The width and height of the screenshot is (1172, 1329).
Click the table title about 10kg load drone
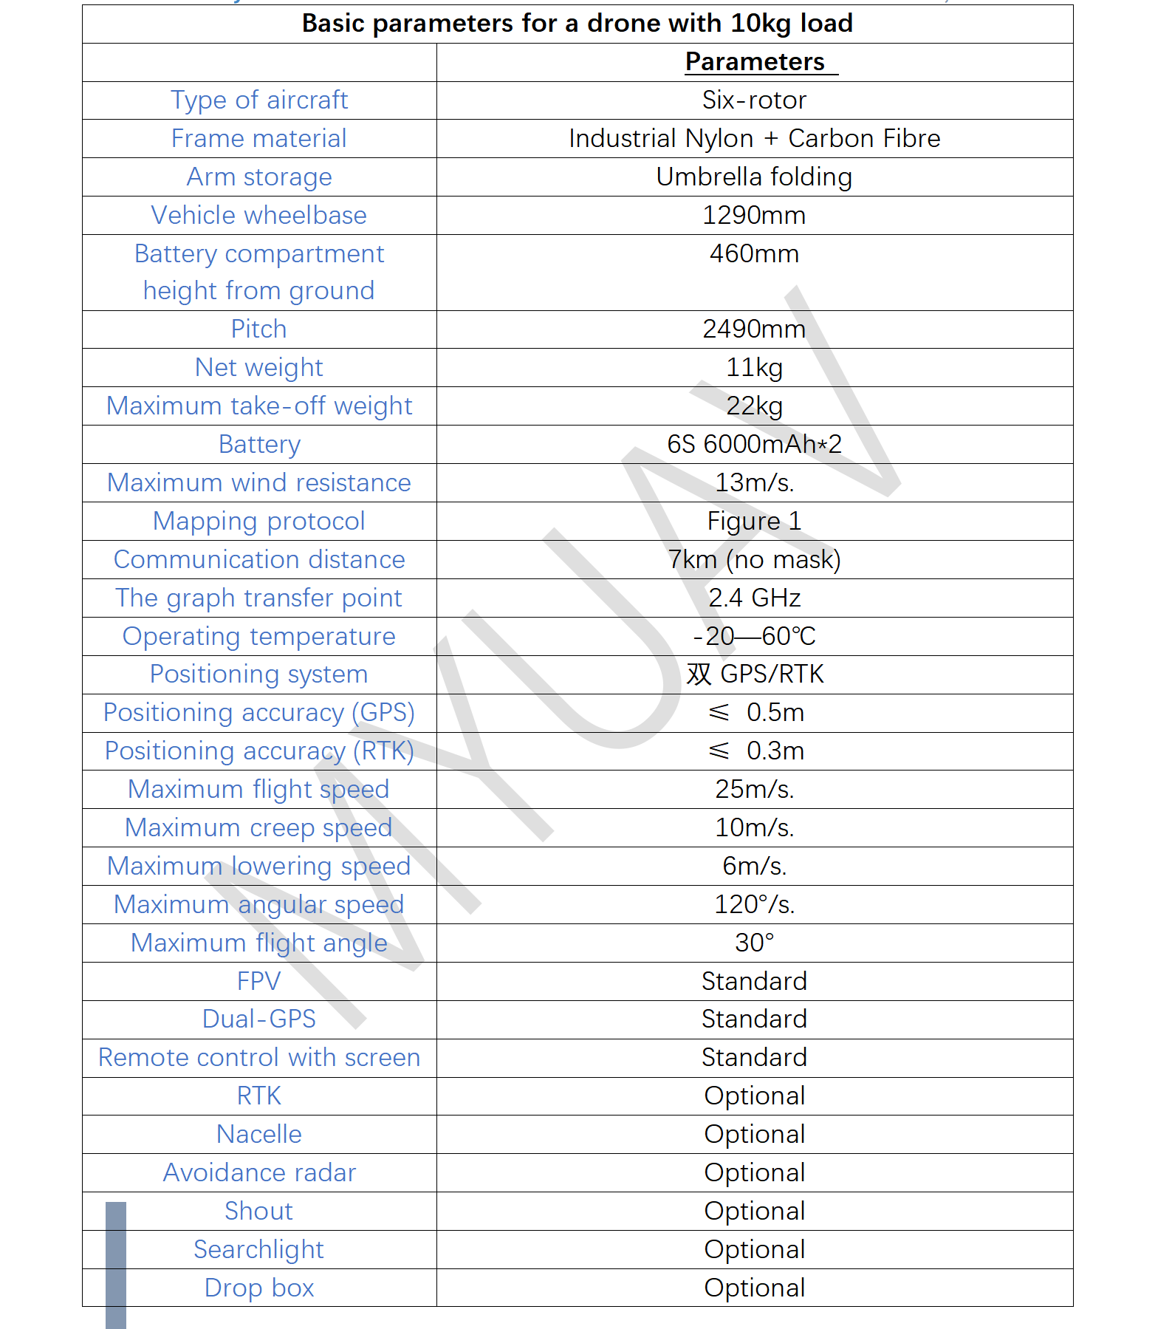point(577,24)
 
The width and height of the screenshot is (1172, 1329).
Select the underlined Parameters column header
point(754,62)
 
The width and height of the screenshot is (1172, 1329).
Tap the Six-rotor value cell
point(754,100)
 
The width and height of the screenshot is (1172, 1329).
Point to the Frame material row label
point(258,139)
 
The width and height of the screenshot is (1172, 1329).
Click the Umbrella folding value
point(754,177)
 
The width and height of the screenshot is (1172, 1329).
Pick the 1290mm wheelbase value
point(754,216)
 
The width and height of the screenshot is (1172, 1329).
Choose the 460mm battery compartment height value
point(754,254)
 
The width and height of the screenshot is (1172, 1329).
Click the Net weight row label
point(258,368)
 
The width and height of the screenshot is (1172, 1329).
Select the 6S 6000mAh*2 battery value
point(754,445)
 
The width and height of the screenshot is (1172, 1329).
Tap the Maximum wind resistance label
point(258,483)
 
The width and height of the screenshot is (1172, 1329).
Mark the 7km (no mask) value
point(754,560)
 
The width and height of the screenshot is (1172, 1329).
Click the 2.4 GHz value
point(754,598)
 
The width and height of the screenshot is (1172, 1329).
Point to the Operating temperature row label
point(258,637)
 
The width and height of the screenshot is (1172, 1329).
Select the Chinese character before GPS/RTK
point(699,674)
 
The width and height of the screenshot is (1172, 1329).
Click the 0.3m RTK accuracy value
point(774,751)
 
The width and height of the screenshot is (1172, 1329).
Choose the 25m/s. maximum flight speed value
point(754,790)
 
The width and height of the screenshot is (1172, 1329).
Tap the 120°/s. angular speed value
point(754,905)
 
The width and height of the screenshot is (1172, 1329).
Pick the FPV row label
point(258,982)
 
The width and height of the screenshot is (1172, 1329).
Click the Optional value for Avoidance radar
point(754,1173)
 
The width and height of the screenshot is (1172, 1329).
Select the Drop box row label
point(258,1288)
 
